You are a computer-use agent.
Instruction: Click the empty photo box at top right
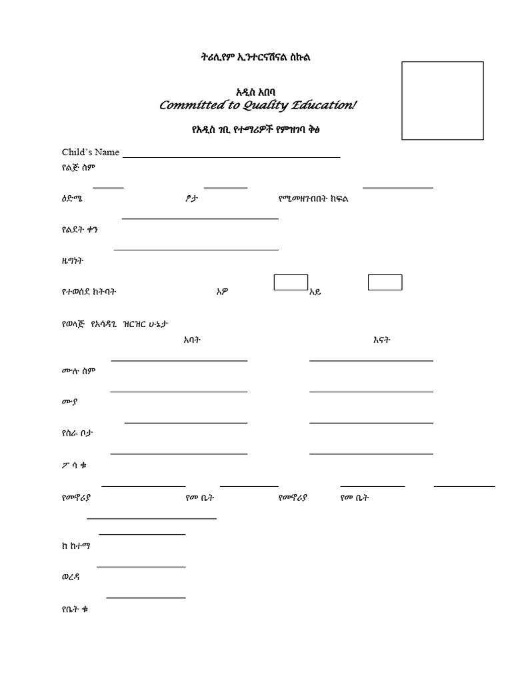coord(441,99)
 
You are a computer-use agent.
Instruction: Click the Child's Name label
coord(90,152)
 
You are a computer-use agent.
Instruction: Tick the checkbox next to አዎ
coord(291,282)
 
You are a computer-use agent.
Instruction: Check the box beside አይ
coord(385,282)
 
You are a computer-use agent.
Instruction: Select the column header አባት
coord(192,340)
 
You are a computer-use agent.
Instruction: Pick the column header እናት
coord(381,340)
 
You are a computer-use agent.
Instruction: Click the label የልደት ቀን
coord(79,230)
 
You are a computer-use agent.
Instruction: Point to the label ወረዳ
coord(70,577)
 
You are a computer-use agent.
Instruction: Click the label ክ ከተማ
coord(75,545)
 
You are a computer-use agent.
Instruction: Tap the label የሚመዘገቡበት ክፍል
coord(313,199)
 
